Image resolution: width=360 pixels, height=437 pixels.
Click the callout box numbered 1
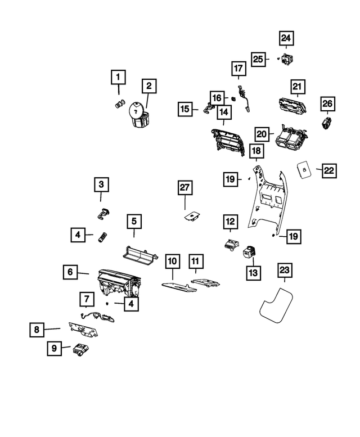tap(118, 76)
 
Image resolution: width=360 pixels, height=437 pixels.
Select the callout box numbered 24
tap(286, 38)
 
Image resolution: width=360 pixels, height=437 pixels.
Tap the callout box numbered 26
tap(327, 103)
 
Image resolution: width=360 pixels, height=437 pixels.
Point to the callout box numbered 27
tap(185, 188)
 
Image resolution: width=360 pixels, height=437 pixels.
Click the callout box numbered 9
tap(54, 349)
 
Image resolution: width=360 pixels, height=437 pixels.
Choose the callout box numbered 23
tap(285, 271)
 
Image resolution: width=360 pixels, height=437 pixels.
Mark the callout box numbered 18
tap(256, 151)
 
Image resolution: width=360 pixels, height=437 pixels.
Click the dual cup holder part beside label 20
tap(291, 138)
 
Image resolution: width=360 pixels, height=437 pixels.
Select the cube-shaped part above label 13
tap(249, 251)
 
